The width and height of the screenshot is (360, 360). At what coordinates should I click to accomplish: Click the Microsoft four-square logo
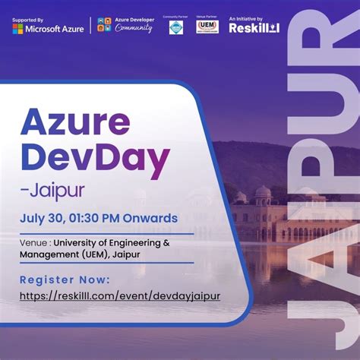[17, 28]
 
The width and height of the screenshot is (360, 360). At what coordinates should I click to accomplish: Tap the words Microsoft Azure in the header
[52, 28]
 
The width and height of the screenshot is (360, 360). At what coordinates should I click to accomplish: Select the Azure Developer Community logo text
[134, 25]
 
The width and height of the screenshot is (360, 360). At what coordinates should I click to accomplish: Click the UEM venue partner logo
[207, 27]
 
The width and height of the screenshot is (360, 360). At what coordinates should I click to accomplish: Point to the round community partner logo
[176, 28]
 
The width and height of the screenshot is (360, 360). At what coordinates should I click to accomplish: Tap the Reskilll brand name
[254, 28]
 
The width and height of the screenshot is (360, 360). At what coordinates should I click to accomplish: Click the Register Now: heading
[65, 279]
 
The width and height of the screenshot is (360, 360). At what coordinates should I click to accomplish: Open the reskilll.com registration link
[120, 295]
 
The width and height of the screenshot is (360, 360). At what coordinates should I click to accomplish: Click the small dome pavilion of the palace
[263, 196]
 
